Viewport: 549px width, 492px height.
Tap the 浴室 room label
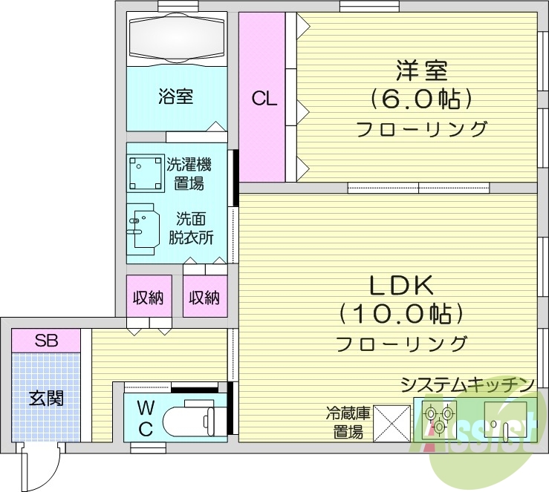point(176,96)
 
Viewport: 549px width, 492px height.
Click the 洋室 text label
point(420,71)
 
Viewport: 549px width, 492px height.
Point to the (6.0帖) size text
point(421,99)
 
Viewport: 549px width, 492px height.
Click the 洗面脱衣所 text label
point(195,229)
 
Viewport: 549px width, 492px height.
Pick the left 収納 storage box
point(149,298)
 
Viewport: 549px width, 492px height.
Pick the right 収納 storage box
point(204,298)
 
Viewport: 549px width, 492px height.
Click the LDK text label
point(401,285)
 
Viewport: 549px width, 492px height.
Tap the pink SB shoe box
point(46,341)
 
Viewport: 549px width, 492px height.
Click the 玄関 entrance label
point(45,398)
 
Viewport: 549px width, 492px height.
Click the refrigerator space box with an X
point(392,423)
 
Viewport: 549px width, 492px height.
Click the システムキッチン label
point(467,384)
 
